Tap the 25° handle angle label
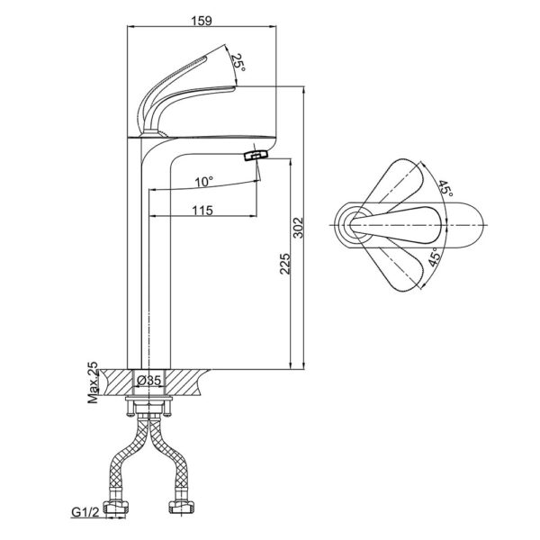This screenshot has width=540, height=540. coord(238,63)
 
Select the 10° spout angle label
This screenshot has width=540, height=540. coord(205,181)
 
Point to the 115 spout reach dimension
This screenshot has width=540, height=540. coord(202,210)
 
